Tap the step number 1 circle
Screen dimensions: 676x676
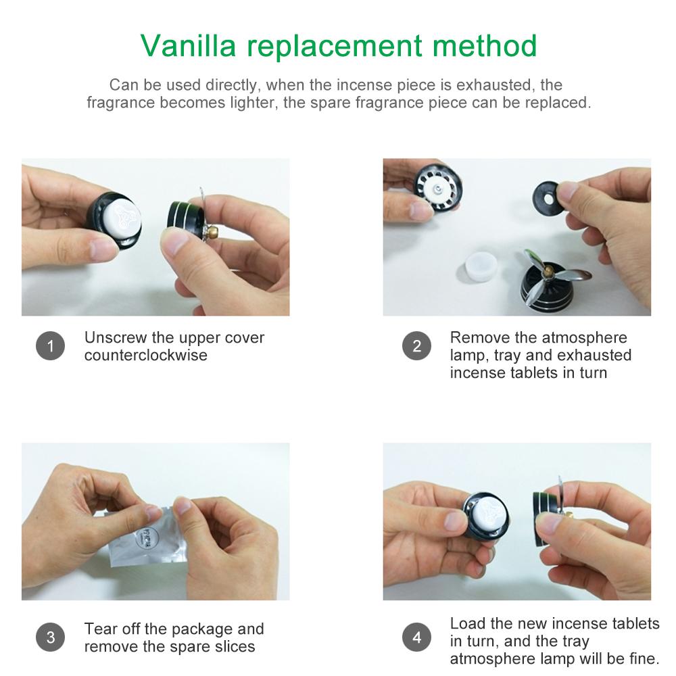(50, 347)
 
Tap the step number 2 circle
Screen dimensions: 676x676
(416, 347)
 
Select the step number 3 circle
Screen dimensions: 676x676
(50, 637)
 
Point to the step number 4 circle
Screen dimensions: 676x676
(416, 637)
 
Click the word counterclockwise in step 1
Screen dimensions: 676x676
(145, 356)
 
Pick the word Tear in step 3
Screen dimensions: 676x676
(99, 629)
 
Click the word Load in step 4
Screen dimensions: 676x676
(466, 623)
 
